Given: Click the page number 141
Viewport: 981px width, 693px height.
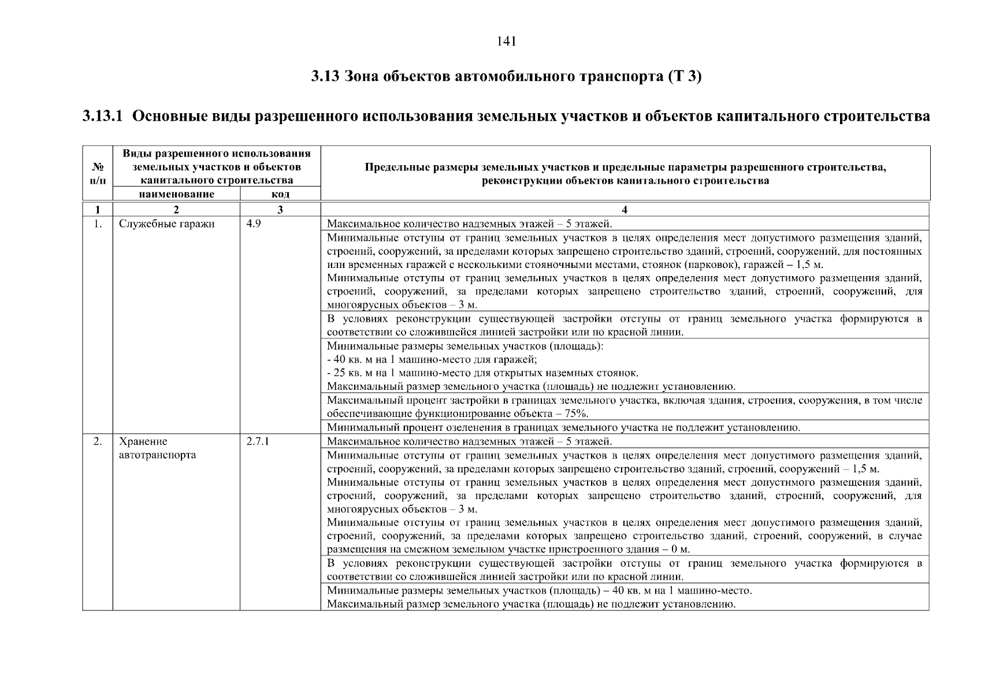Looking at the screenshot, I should (x=506, y=42).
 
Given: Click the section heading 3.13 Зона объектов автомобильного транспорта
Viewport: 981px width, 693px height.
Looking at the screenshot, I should (x=506, y=77).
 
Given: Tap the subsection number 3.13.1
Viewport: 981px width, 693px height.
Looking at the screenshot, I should (x=102, y=116).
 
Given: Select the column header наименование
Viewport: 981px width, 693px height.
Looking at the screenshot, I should (x=176, y=194).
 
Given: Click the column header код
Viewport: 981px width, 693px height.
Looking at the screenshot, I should (x=280, y=194).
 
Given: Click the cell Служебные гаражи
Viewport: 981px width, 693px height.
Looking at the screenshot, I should (x=166, y=224).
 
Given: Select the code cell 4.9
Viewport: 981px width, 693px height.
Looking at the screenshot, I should (x=253, y=224).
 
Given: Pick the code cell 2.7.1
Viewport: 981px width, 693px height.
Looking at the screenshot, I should (x=258, y=442).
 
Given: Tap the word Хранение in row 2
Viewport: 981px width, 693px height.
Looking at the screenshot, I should (x=143, y=442).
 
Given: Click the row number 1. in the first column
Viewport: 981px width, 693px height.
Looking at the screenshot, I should (x=98, y=224).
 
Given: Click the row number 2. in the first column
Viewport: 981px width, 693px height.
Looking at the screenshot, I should (x=98, y=442).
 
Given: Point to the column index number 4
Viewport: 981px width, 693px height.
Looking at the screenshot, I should (x=625, y=210).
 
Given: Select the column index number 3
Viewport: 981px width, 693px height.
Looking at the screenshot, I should (x=280, y=210).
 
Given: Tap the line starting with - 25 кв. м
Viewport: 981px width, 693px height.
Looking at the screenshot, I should (x=482, y=373).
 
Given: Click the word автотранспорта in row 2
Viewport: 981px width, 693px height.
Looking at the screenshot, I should (x=157, y=455).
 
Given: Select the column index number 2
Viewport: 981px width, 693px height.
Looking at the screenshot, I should (x=176, y=210).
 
